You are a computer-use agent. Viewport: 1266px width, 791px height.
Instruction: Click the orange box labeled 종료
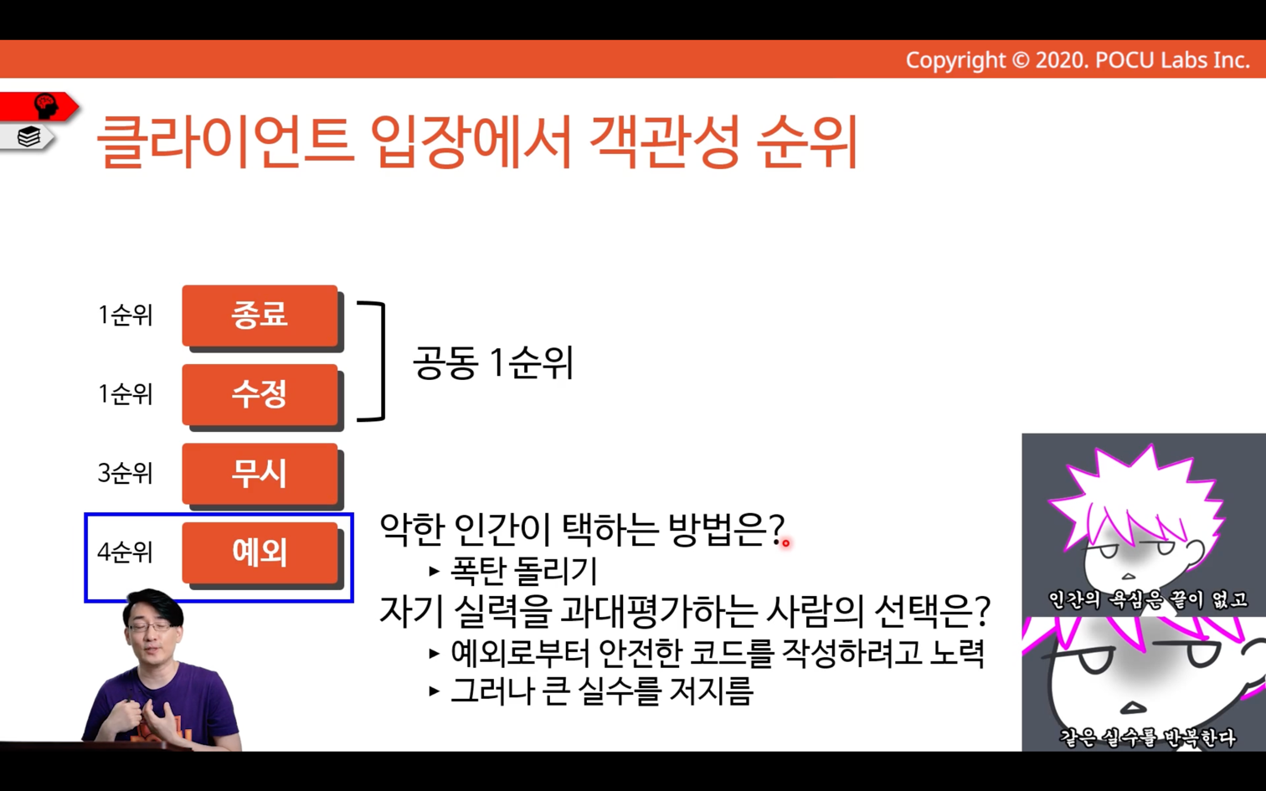click(x=260, y=316)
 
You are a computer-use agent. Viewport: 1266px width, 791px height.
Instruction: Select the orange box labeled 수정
click(x=260, y=394)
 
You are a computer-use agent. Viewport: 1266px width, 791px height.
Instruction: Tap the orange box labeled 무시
click(x=260, y=474)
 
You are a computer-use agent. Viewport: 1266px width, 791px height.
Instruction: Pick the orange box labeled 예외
click(x=260, y=552)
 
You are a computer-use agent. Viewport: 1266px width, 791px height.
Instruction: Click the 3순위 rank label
click(x=125, y=473)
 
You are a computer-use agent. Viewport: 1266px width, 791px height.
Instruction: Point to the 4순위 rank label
click(x=125, y=552)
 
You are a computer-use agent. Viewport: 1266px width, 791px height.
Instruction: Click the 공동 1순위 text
click(x=493, y=362)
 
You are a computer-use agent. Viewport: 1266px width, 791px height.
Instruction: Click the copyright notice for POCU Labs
click(x=1078, y=60)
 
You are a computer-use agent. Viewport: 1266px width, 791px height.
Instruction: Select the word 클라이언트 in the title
click(x=225, y=141)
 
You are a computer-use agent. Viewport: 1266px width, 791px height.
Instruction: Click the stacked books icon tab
click(x=28, y=136)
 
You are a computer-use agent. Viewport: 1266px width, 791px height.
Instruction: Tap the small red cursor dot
click(x=785, y=543)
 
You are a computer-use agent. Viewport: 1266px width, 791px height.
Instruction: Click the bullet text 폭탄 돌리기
click(x=523, y=571)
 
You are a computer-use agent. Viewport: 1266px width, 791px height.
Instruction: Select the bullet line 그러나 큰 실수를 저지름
click(x=602, y=691)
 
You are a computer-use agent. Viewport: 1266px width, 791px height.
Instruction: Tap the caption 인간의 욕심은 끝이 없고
click(x=1147, y=599)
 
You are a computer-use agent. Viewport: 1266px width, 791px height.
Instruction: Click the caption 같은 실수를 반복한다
click(x=1147, y=737)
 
